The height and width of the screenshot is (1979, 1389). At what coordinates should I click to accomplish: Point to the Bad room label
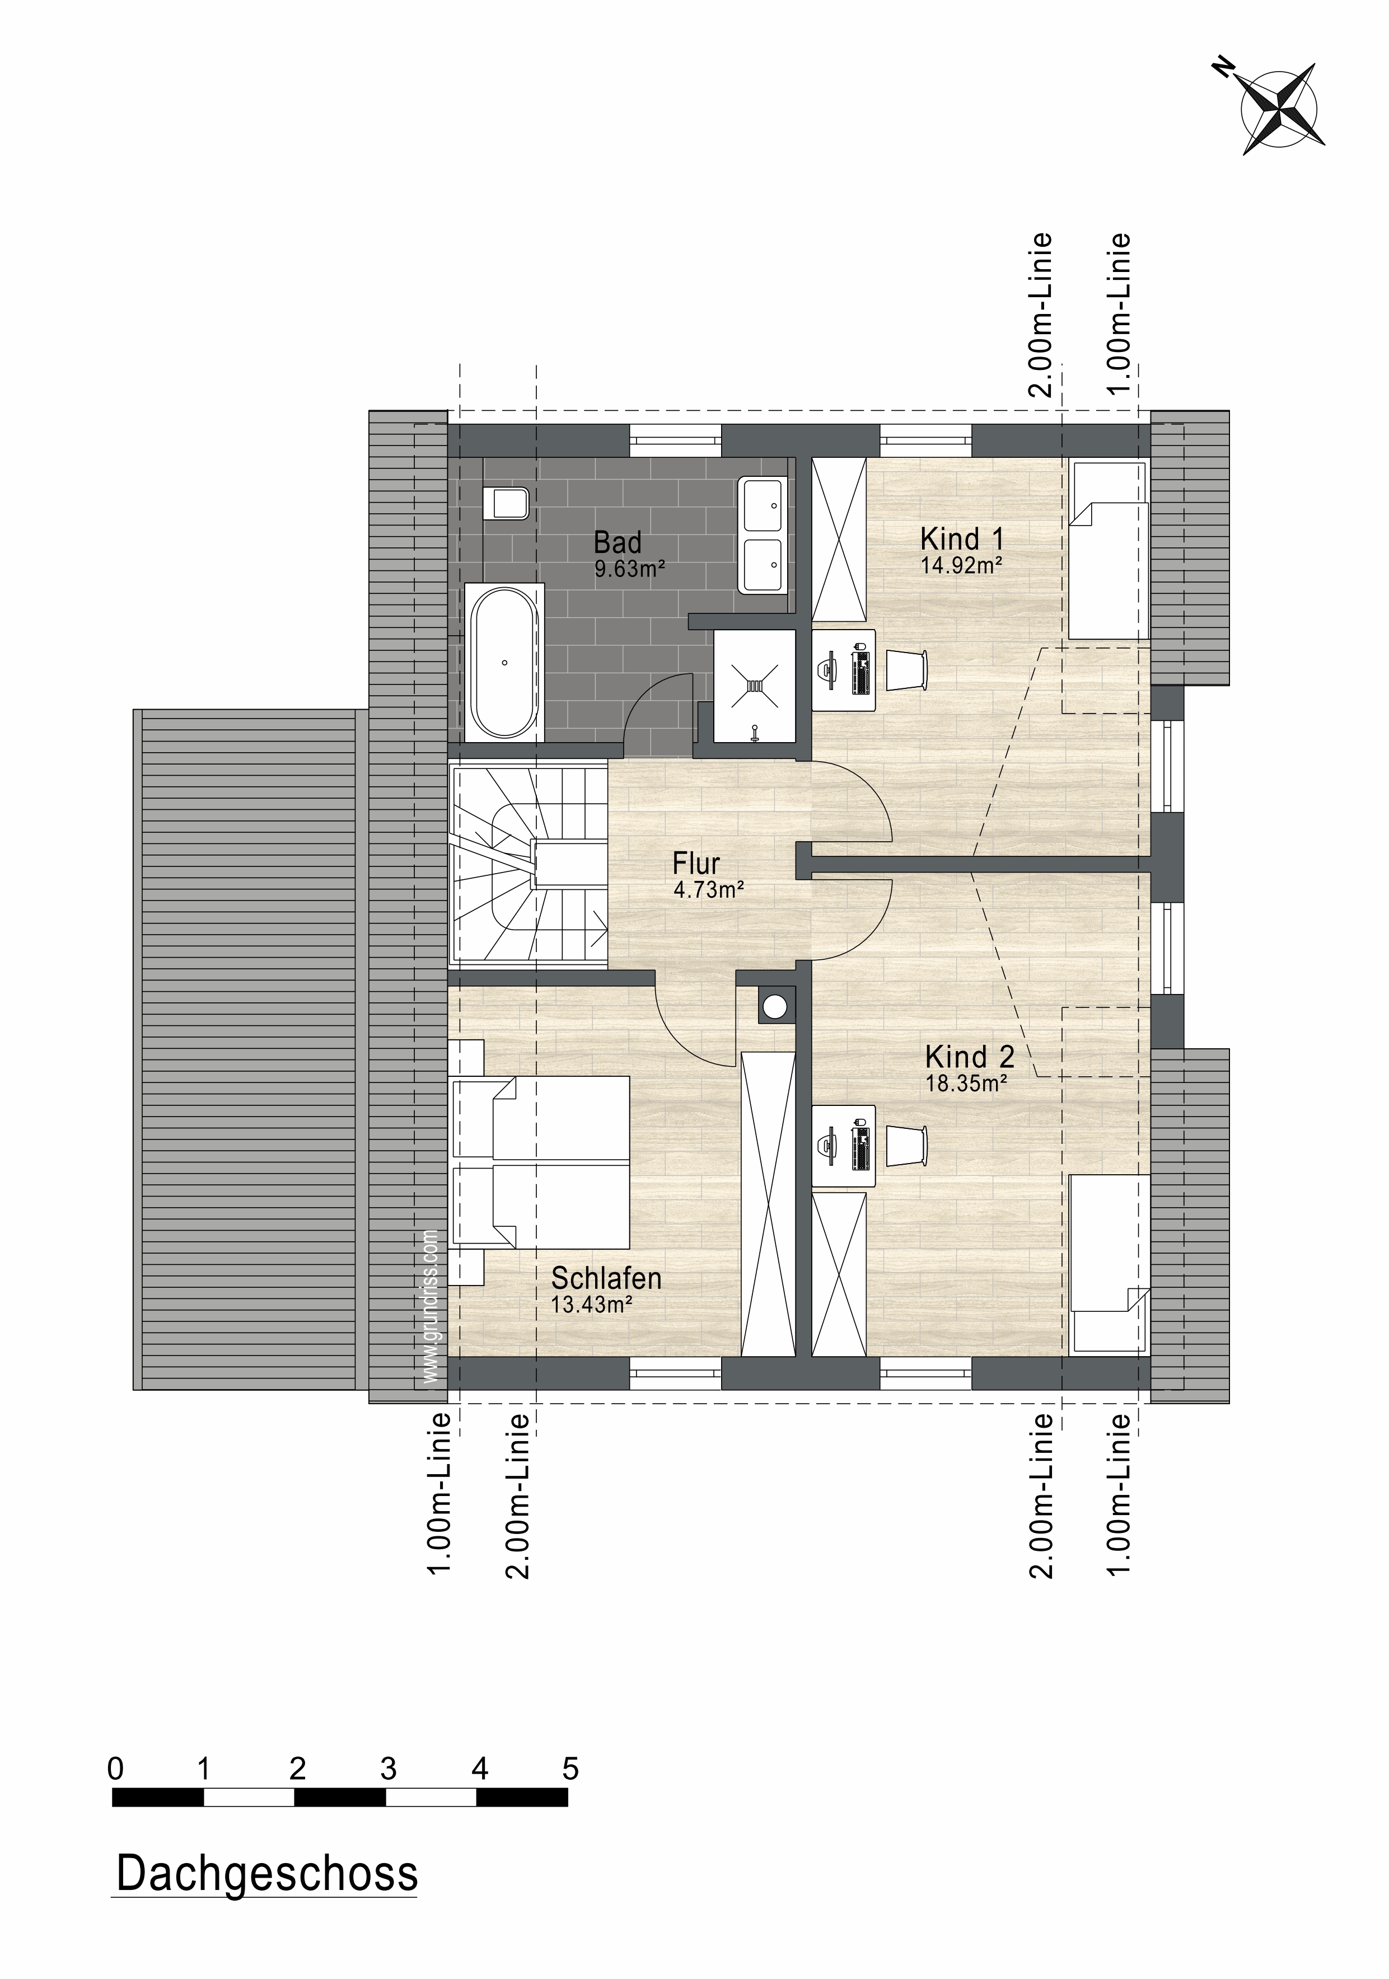[x=618, y=542]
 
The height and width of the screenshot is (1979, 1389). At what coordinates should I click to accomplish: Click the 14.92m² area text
[x=961, y=566]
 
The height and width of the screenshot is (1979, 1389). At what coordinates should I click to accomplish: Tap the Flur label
[x=696, y=863]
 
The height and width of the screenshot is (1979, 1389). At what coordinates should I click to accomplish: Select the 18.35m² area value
[x=967, y=1084]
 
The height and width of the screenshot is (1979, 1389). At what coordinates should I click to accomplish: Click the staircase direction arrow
[x=597, y=925]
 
